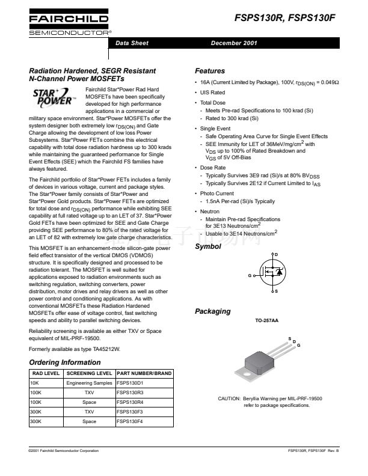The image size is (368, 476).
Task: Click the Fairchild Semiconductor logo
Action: (69, 25)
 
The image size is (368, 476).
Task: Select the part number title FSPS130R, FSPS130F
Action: (285, 19)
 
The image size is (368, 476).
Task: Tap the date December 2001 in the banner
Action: (235, 43)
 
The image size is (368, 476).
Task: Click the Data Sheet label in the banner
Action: (132, 43)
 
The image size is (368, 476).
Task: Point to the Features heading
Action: (210, 71)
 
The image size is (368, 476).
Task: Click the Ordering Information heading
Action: (65, 362)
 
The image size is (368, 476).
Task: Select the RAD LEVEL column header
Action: (44, 373)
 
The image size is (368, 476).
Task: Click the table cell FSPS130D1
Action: (130, 383)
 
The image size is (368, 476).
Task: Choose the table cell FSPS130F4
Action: (130, 421)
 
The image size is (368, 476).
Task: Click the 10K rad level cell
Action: (34, 383)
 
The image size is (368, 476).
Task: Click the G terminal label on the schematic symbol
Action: (249, 275)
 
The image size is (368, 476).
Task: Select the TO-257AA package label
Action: (266, 321)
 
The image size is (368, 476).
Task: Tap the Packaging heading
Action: (212, 311)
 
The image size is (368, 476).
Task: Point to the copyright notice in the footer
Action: (64, 450)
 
